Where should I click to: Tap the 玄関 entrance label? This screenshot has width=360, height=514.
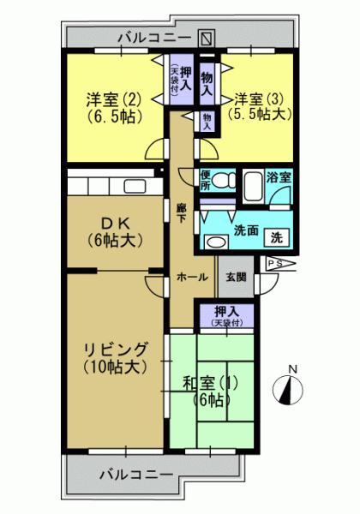point(236,277)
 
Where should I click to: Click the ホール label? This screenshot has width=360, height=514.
point(191,278)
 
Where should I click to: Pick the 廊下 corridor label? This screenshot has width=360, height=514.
point(181,213)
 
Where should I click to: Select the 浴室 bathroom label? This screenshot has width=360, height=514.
point(279,178)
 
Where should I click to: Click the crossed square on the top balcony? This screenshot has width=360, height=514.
point(206,39)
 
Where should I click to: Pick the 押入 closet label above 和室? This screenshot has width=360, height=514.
point(227,314)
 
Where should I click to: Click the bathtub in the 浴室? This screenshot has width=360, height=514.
point(255,186)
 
